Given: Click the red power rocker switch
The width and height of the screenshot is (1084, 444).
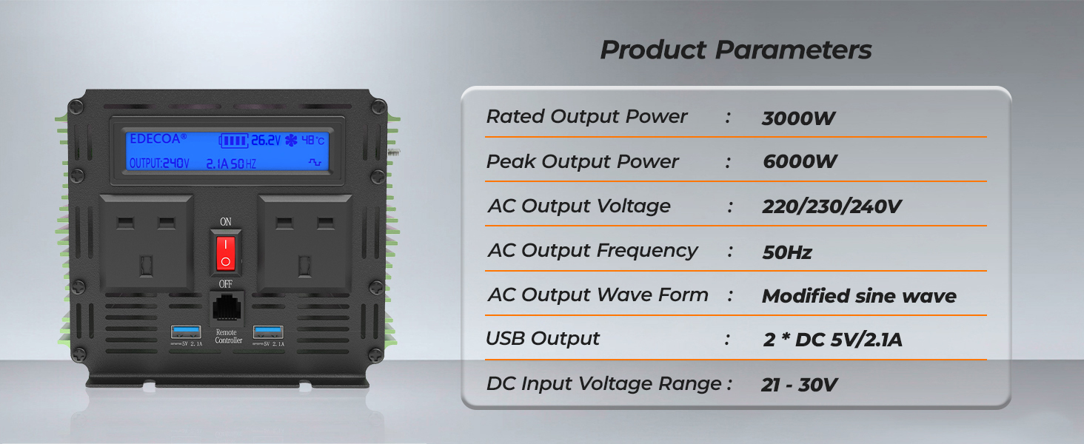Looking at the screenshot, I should coord(226,252).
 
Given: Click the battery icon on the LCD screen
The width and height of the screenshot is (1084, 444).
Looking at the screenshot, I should coord(233,140).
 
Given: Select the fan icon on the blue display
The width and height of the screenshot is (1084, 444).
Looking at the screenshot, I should coord(291,140).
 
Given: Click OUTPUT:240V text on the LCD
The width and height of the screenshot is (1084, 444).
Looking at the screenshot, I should coord(159,163).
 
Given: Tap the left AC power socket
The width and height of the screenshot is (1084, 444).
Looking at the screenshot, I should coord(147,242).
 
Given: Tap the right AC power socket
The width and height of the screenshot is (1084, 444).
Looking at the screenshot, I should coord(305,242).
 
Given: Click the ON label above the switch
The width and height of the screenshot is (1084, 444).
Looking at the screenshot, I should coord(226,221).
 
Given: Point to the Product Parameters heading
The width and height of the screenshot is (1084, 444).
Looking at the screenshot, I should coord(735,50).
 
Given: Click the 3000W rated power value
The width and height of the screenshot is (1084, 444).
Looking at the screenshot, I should coord(798,118).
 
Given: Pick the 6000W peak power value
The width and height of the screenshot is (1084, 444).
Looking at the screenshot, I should coord(800,163).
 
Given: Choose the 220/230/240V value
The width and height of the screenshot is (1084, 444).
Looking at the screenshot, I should coord(832,207).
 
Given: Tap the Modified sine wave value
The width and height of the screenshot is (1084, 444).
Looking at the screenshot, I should coord(859,297).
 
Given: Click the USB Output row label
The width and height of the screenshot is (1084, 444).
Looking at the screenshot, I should coord(543,339).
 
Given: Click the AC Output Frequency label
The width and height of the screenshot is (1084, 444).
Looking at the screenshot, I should coord(592,251).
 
